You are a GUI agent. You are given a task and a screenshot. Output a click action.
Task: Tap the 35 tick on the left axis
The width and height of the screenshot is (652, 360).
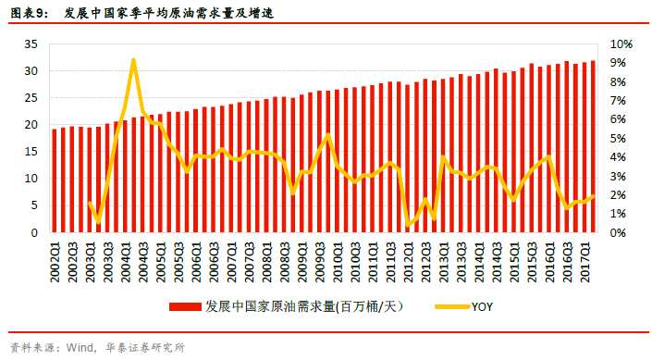point(31,44)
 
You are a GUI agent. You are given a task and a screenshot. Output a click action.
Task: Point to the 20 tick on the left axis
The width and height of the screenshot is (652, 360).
point(31,125)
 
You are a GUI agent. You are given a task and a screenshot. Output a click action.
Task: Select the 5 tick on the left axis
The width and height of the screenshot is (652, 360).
point(34,205)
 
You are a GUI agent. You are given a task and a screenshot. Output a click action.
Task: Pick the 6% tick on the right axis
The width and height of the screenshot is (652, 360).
point(619,119)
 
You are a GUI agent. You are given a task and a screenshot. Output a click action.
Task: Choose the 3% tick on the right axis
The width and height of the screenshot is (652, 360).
point(619,176)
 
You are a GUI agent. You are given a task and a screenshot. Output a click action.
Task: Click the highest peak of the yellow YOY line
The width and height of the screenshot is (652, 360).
point(134,60)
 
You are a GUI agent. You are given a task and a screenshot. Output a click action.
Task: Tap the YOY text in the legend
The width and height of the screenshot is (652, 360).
point(484,304)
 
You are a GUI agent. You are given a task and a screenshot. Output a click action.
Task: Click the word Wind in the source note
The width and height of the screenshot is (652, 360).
point(80,348)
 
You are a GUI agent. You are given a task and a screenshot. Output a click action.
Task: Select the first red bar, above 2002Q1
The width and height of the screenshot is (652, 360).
point(55,180)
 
